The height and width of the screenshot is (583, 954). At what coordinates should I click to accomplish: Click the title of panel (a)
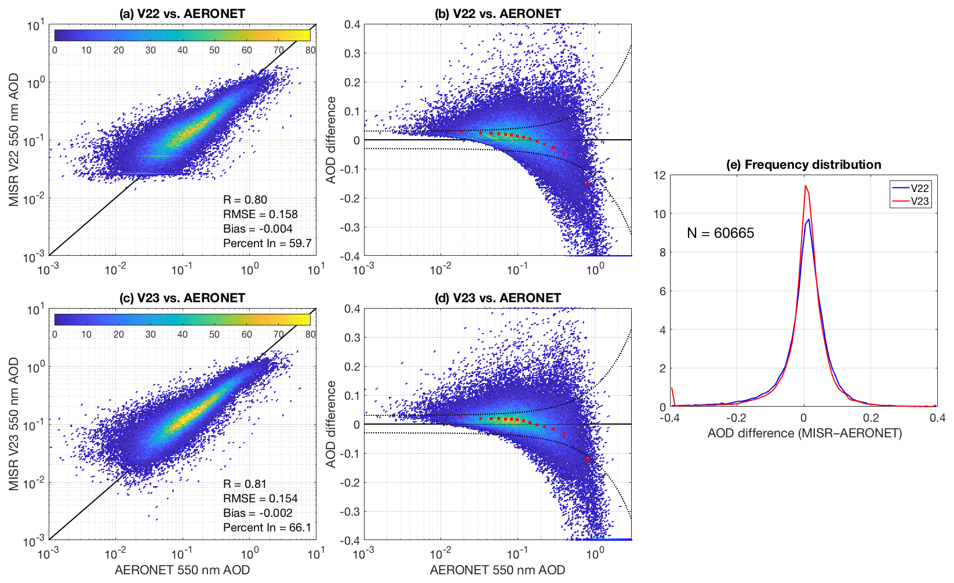point(182,13)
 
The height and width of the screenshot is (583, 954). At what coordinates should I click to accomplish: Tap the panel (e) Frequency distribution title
point(803,165)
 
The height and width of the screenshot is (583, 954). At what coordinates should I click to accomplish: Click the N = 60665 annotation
point(720,233)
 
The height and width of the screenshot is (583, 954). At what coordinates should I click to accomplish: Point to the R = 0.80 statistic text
point(245,200)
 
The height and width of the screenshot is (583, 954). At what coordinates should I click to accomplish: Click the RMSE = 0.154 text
point(260,498)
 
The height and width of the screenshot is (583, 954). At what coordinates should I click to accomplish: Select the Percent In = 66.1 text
point(267,527)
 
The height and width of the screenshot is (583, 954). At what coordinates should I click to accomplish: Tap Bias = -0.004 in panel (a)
point(258,229)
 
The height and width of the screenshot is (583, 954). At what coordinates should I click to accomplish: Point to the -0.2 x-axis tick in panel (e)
point(736,418)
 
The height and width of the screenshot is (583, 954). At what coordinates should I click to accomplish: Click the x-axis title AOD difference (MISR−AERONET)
point(804,433)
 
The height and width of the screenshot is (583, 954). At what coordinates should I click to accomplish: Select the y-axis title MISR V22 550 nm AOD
point(13,140)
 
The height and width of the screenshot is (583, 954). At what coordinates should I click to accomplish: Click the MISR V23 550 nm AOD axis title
point(13,424)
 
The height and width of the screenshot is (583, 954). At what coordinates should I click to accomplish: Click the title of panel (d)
point(497,298)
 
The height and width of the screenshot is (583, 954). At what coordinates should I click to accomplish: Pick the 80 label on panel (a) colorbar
point(311,50)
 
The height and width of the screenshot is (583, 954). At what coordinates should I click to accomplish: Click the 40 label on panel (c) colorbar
point(183,334)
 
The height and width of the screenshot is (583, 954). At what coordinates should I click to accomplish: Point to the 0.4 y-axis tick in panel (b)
point(352,24)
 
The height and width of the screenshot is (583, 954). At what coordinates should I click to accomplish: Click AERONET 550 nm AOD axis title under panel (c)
point(182,570)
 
